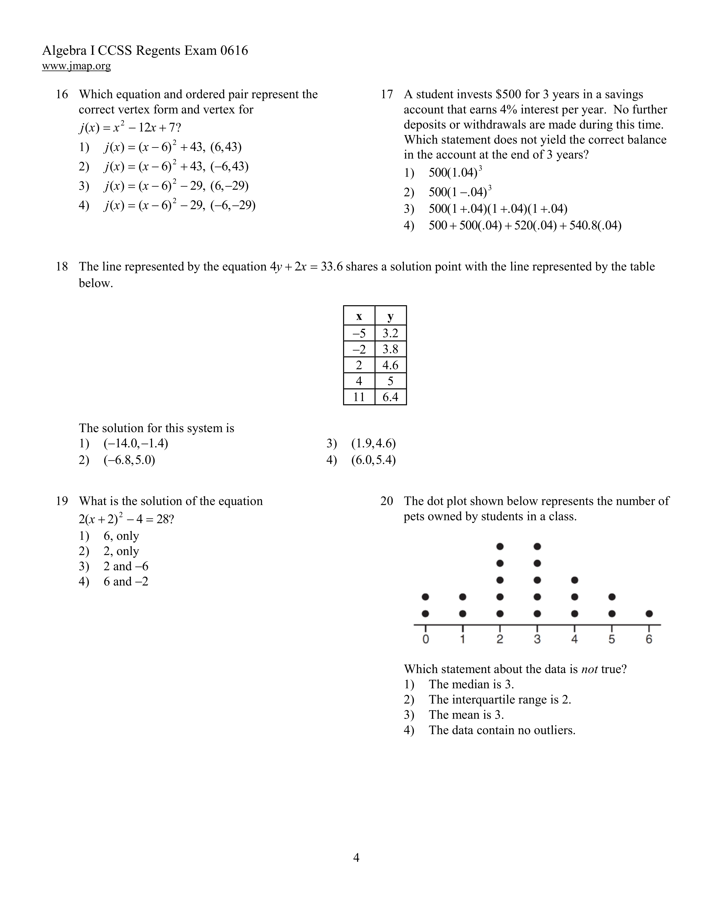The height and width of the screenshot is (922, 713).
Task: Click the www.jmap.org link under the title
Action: pos(76,66)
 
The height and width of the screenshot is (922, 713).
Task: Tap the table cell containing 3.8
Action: pos(390,349)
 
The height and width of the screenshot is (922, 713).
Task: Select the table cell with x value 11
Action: pos(359,397)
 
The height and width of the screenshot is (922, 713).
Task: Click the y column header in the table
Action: pos(390,316)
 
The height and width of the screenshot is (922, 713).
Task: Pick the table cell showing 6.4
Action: pos(390,397)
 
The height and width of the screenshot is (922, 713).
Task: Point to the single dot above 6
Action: pos(649,613)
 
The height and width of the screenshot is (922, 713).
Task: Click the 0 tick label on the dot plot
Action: pos(425,640)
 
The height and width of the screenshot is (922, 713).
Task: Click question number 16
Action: pos(62,94)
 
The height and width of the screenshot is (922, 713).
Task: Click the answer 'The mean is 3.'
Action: pos(466,715)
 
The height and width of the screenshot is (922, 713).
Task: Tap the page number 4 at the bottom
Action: pos(356,858)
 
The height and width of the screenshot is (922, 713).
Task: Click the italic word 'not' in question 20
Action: pos(589,669)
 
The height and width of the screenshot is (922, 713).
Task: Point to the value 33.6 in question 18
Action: pos(332,267)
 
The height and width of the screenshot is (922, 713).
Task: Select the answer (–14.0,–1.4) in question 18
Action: pos(136,444)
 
